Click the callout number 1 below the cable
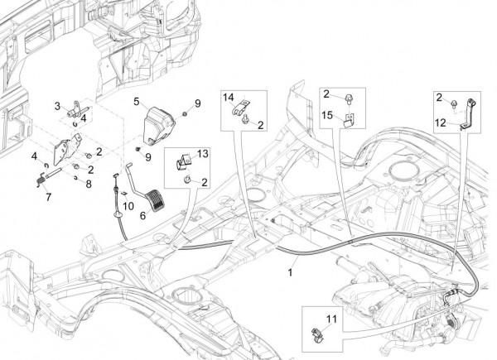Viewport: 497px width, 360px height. [x=291, y=271]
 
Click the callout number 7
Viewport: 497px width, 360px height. [x=48, y=197]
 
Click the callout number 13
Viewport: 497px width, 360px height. [x=204, y=155]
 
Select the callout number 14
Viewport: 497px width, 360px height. [x=230, y=98]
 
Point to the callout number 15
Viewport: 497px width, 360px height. [x=327, y=116]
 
